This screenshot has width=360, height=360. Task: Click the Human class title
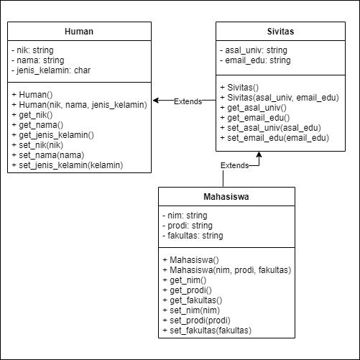coord(79,32)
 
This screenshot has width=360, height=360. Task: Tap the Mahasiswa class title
coord(226,196)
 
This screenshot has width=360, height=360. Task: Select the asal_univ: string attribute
coord(253,50)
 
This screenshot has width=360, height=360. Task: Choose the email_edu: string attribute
coord(255,60)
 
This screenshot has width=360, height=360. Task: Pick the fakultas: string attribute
coord(193,235)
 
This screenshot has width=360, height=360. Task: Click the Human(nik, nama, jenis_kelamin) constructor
coord(79,105)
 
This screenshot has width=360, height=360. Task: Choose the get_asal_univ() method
coord(254,107)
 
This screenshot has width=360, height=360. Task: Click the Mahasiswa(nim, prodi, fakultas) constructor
coord(227,270)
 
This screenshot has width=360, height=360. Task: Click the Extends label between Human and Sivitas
coord(188,101)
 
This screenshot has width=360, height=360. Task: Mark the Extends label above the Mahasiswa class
coord(234,165)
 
